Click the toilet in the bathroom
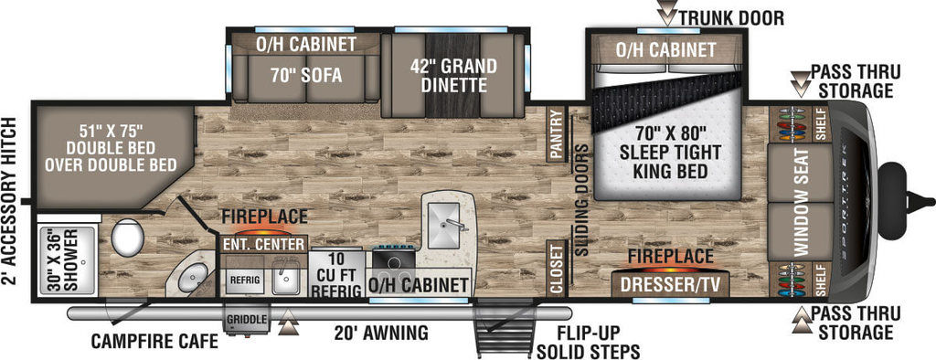click(128, 237)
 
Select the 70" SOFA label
click(305, 76)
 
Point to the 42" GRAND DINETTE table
click(452, 75)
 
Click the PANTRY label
click(557, 134)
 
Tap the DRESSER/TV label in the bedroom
click(670, 285)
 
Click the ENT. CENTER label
click(263, 244)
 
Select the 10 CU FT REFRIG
click(337, 274)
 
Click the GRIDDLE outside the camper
click(245, 321)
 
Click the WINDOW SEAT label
click(800, 202)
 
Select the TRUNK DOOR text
click(731, 17)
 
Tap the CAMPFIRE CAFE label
click(154, 341)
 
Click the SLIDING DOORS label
click(581, 200)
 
